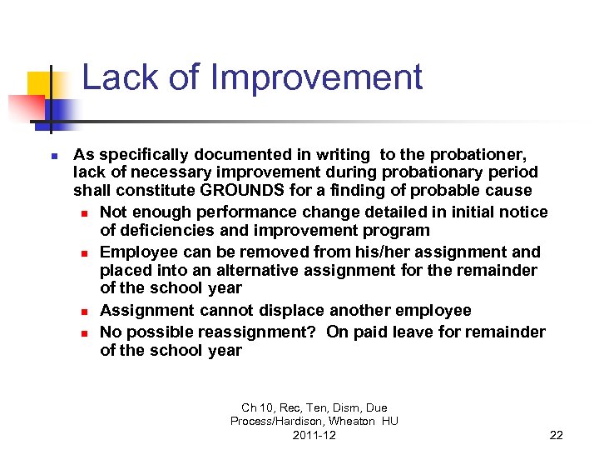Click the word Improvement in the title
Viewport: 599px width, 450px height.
coord(317,78)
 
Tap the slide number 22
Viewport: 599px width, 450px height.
coord(557,435)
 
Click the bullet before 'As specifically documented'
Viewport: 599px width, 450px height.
coord(52,156)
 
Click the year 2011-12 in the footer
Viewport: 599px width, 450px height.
coord(314,435)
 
